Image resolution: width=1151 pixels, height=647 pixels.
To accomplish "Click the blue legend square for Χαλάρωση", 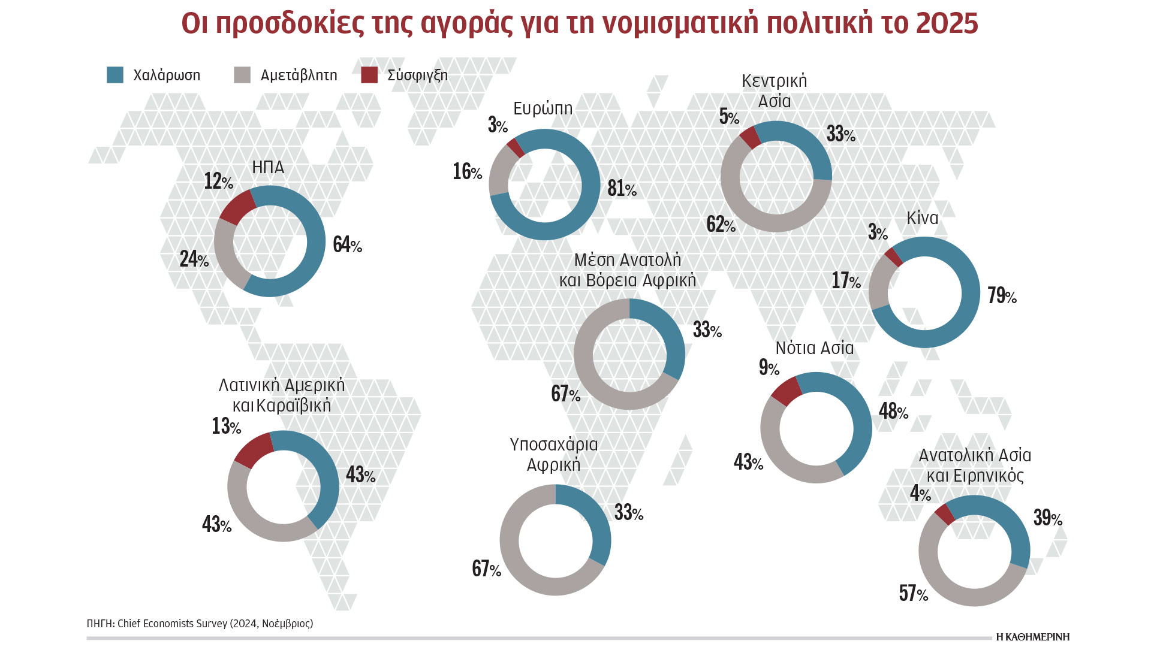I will click(x=115, y=75).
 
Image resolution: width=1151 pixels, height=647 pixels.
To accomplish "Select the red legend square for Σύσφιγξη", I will click(x=369, y=75).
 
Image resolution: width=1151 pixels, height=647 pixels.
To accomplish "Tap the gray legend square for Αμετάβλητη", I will click(x=242, y=75).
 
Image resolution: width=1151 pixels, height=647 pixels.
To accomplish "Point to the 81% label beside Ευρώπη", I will click(x=622, y=188).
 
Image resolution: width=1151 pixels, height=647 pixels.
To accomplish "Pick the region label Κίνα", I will click(x=922, y=217).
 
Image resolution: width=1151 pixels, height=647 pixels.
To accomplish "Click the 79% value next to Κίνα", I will click(x=1002, y=295).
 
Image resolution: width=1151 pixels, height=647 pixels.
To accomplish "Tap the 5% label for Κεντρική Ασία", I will click(x=729, y=116).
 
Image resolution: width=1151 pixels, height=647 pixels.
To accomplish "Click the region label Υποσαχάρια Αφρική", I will click(x=554, y=454).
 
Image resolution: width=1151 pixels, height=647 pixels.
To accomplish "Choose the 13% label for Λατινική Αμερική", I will click(x=226, y=426).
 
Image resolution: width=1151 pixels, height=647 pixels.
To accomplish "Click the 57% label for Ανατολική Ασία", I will click(x=913, y=593).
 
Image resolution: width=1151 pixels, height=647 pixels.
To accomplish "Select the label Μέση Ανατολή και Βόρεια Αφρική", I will click(x=628, y=270).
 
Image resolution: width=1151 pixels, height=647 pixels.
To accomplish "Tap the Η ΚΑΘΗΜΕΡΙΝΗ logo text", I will click(x=1032, y=637).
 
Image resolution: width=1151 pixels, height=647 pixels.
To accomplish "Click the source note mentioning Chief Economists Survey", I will click(x=200, y=624).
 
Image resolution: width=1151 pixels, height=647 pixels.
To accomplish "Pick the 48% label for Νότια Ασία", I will click(x=893, y=411).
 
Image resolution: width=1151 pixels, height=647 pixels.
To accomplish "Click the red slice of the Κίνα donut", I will click(x=893, y=257).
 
